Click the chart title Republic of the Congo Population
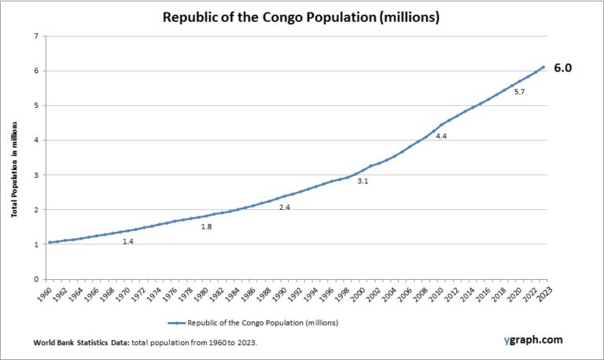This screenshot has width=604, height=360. tap(301, 17)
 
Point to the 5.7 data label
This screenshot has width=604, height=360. tap(520, 92)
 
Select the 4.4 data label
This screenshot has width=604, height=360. tap(441, 136)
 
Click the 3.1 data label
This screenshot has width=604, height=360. tap(363, 182)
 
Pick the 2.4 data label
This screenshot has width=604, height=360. tap(285, 208)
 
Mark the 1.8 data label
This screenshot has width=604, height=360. tap(207, 227)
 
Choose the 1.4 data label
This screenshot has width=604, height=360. tap(128, 241)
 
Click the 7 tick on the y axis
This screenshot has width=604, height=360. tap(35, 37)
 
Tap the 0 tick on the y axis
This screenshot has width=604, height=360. tap(35, 279)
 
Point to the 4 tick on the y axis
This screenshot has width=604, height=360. tap(35, 141)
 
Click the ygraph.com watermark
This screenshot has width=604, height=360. tap(533, 340)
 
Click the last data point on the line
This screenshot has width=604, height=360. tap(543, 68)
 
